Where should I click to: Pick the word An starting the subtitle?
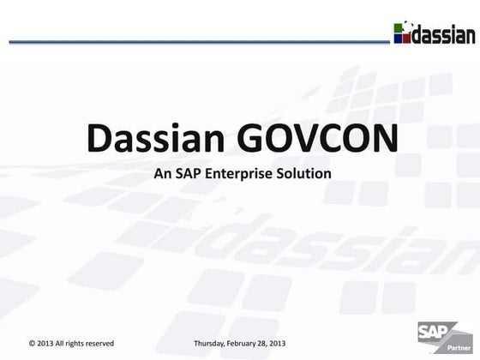tap(161, 174)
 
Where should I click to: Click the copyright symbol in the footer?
tap(32, 343)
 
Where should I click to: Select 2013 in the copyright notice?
tap(46, 343)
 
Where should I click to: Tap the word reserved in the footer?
tap(97, 343)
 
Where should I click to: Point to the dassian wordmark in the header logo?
tap(443, 35)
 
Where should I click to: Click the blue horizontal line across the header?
tap(197, 40)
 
